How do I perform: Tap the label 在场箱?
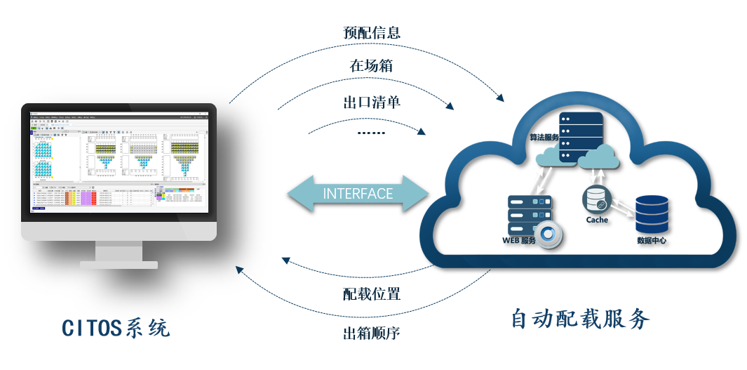pos(371,66)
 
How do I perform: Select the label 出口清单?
pos(371,102)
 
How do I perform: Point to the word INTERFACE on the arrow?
pos(358,194)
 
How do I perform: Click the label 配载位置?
pos(371,293)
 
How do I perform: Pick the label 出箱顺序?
pos(371,333)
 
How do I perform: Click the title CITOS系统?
pos(116,328)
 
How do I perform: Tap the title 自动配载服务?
pos(580,319)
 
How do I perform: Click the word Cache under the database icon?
pos(597,220)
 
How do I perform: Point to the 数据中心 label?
pos(652,241)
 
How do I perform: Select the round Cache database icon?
pos(597,199)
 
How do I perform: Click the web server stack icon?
pos(529,215)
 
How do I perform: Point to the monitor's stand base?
pos(119,264)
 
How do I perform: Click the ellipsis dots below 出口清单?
pos(371,132)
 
